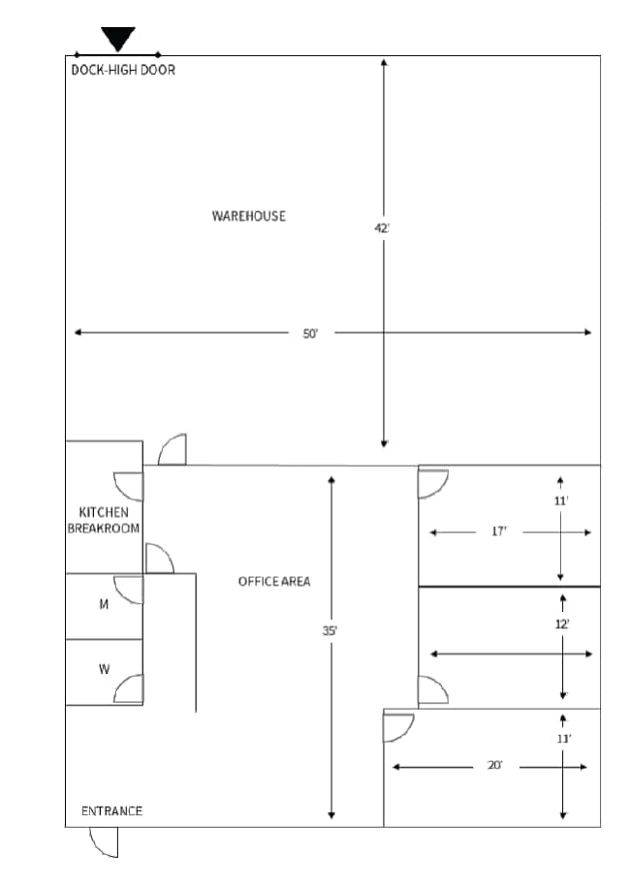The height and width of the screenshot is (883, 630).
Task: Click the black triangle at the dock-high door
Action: click(x=118, y=39)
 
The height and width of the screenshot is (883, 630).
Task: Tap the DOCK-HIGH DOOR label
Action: click(x=123, y=70)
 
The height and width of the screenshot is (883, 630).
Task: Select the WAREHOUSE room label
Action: click(x=249, y=216)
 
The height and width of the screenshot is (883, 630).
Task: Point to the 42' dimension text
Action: click(x=382, y=228)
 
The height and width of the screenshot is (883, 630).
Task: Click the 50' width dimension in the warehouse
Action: click(x=310, y=333)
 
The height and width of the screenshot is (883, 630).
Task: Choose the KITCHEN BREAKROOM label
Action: click(x=104, y=520)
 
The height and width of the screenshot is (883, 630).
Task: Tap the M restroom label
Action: click(x=104, y=604)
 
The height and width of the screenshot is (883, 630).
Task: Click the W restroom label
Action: click(x=104, y=669)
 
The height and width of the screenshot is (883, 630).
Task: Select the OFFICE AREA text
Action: click(x=274, y=581)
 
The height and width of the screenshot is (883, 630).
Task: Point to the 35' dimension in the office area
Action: click(x=330, y=630)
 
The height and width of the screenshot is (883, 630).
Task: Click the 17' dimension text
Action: click(x=499, y=533)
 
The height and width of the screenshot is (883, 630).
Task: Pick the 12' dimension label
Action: click(x=562, y=624)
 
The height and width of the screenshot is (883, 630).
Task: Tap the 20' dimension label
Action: click(x=494, y=767)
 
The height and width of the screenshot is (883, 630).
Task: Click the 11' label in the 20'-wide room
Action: click(x=563, y=739)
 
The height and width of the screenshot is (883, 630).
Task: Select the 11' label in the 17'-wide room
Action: click(x=561, y=501)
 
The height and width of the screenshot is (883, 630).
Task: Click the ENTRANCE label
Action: click(x=111, y=811)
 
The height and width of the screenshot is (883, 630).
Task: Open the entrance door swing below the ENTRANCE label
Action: click(x=105, y=842)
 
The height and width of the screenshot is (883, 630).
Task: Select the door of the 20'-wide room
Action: click(x=398, y=726)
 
